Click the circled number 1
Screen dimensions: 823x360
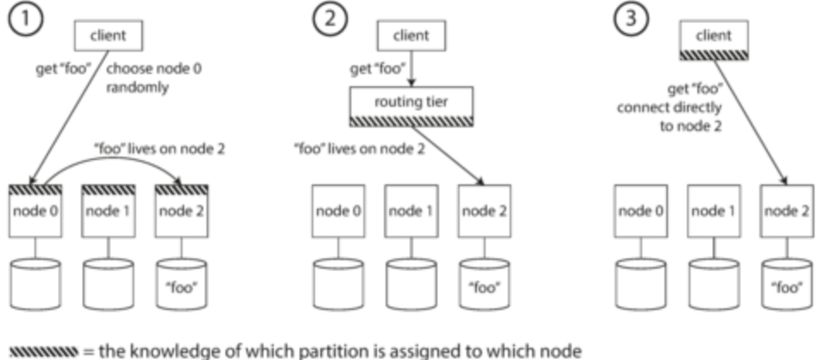[x=26, y=17]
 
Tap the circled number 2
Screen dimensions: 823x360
[x=330, y=17]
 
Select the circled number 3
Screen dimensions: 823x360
[x=631, y=17]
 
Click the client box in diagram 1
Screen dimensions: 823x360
[x=108, y=35]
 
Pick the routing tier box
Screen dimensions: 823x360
[x=411, y=107]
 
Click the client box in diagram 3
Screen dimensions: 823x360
[x=714, y=40]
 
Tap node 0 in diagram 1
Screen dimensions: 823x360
[x=35, y=211]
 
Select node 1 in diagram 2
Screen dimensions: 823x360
[x=411, y=211]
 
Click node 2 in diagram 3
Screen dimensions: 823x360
[x=787, y=211]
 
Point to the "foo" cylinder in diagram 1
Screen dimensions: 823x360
[x=182, y=284]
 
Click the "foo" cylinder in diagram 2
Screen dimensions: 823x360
[x=485, y=284]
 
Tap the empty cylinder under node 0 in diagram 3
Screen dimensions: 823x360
[x=640, y=284]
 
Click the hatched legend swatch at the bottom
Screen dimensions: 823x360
[x=44, y=351]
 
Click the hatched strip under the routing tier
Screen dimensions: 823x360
[x=411, y=121]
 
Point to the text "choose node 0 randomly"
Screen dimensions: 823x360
[x=154, y=78]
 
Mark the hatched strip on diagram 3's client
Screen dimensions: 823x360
[x=714, y=55]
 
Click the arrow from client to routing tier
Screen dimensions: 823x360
[x=411, y=69]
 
